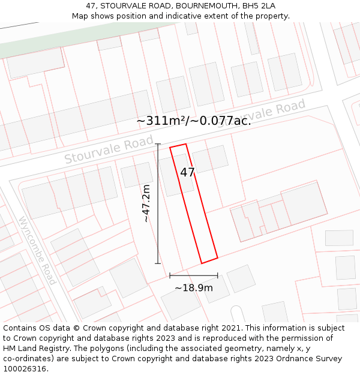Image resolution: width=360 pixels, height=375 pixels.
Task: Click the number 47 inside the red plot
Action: (x=187, y=172)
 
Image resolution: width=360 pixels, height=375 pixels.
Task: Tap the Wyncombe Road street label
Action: (x=38, y=251)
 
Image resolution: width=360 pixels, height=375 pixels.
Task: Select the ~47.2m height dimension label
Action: (x=146, y=203)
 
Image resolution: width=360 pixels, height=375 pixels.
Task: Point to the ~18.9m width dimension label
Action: (x=193, y=288)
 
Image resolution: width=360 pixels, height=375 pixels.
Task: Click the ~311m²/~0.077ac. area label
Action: (x=193, y=121)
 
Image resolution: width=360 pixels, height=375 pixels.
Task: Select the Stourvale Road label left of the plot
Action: (x=109, y=151)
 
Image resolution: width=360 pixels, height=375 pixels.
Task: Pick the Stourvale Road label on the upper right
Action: (x=262, y=113)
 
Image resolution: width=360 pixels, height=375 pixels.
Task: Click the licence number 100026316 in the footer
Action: (x=25, y=369)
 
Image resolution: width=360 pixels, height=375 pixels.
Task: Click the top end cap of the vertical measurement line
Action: (x=158, y=144)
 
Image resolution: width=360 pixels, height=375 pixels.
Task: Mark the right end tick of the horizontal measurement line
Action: (x=217, y=275)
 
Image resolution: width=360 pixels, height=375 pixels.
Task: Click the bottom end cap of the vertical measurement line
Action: (x=158, y=263)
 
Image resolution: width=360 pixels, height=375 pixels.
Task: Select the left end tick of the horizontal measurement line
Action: (x=170, y=275)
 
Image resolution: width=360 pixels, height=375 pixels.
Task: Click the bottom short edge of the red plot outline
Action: (x=209, y=260)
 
